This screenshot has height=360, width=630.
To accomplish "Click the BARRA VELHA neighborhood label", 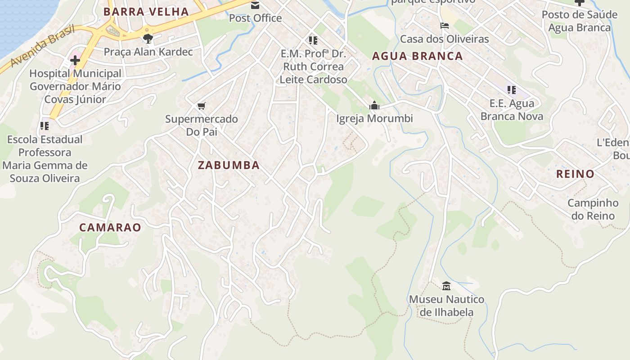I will click(x=146, y=12).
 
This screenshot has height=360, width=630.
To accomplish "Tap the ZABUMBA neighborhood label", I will click(x=229, y=165).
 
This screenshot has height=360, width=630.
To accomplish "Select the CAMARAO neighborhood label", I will click(x=110, y=227).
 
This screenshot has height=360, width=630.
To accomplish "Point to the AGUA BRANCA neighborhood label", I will click(x=418, y=56).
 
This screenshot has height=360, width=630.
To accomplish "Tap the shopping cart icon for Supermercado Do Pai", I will click(x=201, y=106).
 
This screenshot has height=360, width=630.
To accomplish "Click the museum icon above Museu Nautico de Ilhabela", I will click(x=446, y=286).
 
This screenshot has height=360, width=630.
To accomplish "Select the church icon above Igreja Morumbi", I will click(x=374, y=106).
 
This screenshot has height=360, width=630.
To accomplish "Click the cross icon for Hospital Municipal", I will click(x=75, y=60).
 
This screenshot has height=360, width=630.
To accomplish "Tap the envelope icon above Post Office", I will click(x=255, y=5).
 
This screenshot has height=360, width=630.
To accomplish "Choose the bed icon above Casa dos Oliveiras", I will click(x=445, y=26).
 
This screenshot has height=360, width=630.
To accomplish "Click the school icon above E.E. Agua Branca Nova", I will click(x=512, y=90).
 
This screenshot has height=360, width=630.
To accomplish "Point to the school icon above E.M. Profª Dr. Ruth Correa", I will click(x=313, y=40).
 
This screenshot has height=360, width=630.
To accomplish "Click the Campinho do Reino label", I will click(x=593, y=209).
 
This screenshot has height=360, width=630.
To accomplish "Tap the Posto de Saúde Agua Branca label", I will click(x=579, y=21).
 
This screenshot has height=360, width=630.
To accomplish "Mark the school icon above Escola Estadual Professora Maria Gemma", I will click(x=45, y=126).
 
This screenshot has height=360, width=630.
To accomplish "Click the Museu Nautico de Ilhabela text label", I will click(x=446, y=306).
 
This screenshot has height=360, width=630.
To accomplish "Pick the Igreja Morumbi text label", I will click(x=374, y=119).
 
